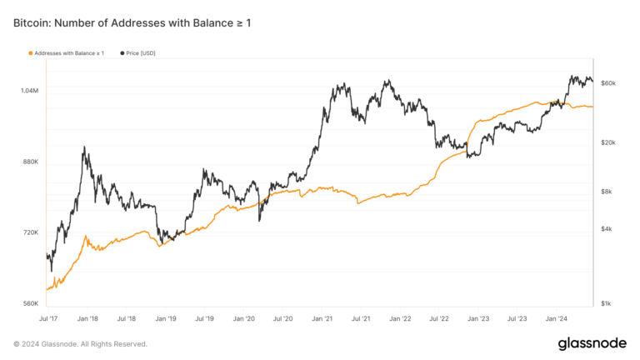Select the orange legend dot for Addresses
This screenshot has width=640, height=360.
(31, 52)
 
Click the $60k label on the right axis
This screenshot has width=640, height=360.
(607, 83)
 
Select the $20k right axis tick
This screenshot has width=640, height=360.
(607, 142)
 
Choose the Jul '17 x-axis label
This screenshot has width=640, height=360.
(48, 318)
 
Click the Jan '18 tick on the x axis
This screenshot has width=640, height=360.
(87, 318)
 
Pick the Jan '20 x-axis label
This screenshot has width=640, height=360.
(244, 318)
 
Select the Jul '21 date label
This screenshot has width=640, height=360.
(361, 318)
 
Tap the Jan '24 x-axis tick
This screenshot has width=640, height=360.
(557, 318)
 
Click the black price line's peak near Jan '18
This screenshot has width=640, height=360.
(84, 147)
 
